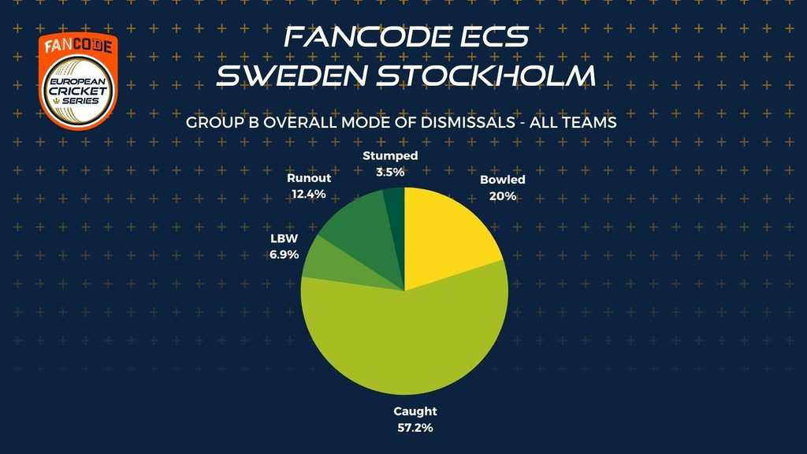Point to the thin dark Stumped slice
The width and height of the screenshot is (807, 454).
click(x=396, y=216)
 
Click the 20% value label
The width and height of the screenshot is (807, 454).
click(x=503, y=196)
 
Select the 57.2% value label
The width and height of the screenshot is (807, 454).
click(x=415, y=428)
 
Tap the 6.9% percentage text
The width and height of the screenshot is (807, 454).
click(x=284, y=255)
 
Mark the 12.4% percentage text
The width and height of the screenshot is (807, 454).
click(x=308, y=194)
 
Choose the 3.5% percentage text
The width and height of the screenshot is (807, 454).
click(x=390, y=173)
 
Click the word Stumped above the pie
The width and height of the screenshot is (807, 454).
click(x=390, y=155)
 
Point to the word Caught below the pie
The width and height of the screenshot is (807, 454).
click(x=415, y=411)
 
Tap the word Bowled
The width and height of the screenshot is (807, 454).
click(x=503, y=180)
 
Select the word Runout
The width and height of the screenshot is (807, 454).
click(x=309, y=178)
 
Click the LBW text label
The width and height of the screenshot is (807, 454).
click(x=284, y=238)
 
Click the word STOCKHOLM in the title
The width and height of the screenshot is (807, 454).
click(x=486, y=75)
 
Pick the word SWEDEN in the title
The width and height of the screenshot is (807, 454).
click(x=292, y=75)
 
